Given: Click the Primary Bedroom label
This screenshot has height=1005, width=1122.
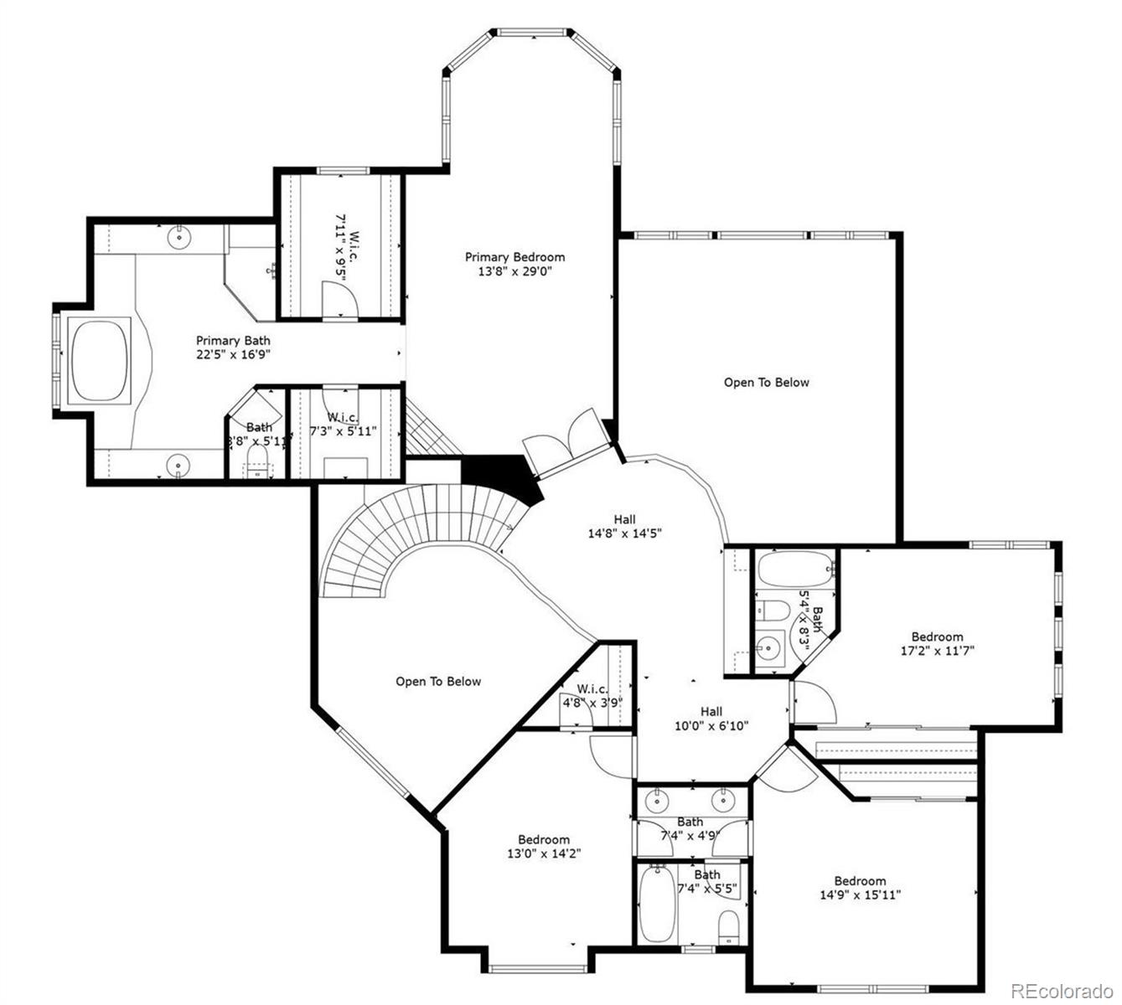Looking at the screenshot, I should click(x=514, y=257).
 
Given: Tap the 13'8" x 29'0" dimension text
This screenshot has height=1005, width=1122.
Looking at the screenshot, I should click(x=514, y=271).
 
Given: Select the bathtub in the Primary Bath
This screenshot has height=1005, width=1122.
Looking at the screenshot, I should click(x=101, y=363).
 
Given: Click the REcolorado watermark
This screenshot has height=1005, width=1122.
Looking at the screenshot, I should click(x=1061, y=991).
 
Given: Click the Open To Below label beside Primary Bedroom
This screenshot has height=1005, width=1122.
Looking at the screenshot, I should click(x=766, y=383).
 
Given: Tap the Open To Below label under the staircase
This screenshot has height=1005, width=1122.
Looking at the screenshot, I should click(x=438, y=682).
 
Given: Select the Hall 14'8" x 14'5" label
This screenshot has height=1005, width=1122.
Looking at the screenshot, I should click(x=624, y=526).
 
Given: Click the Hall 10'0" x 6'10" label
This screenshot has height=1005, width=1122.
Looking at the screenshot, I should click(x=711, y=719).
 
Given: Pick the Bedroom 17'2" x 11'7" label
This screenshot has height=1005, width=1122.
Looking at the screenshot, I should click(x=937, y=643).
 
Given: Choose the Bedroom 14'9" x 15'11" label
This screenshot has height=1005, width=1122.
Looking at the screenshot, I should click(x=860, y=888).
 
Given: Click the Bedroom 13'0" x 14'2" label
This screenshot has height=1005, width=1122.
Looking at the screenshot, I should click(x=543, y=847).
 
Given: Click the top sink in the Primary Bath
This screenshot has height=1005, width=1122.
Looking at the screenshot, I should click(x=179, y=237).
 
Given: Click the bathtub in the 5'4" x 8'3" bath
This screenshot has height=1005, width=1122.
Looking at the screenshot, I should click(x=796, y=570).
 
